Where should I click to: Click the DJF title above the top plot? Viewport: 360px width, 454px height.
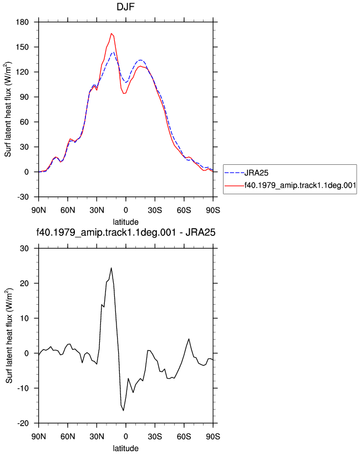[x=125, y=7]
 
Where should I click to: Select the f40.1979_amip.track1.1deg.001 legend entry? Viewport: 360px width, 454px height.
[x=290, y=185]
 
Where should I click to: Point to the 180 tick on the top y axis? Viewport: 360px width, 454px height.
[x=22, y=22]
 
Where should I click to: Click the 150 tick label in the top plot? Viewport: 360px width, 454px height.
[x=22, y=47]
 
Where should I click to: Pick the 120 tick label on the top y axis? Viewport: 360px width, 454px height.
[x=22, y=72]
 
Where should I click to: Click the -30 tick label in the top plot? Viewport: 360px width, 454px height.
[x=23, y=197]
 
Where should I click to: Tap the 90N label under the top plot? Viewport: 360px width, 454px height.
[x=38, y=210]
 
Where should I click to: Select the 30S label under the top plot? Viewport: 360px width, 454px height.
[x=155, y=210]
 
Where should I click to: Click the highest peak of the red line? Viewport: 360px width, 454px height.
[x=111, y=33]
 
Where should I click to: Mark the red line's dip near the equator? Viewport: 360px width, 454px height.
[x=124, y=93]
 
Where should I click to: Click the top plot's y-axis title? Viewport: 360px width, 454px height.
[x=8, y=109]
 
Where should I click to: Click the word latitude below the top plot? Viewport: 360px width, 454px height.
[x=125, y=222]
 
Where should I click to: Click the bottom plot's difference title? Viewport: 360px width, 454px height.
[x=126, y=232]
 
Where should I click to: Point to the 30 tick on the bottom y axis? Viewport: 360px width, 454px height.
[x=24, y=249]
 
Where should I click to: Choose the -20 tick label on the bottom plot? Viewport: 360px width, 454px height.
[x=23, y=423]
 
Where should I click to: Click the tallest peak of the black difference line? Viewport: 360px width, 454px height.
[x=111, y=268]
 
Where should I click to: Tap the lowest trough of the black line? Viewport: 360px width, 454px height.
[x=123, y=411]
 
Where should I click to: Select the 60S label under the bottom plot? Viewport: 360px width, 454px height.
[x=184, y=437]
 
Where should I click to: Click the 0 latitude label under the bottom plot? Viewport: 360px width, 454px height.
[x=125, y=437]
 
